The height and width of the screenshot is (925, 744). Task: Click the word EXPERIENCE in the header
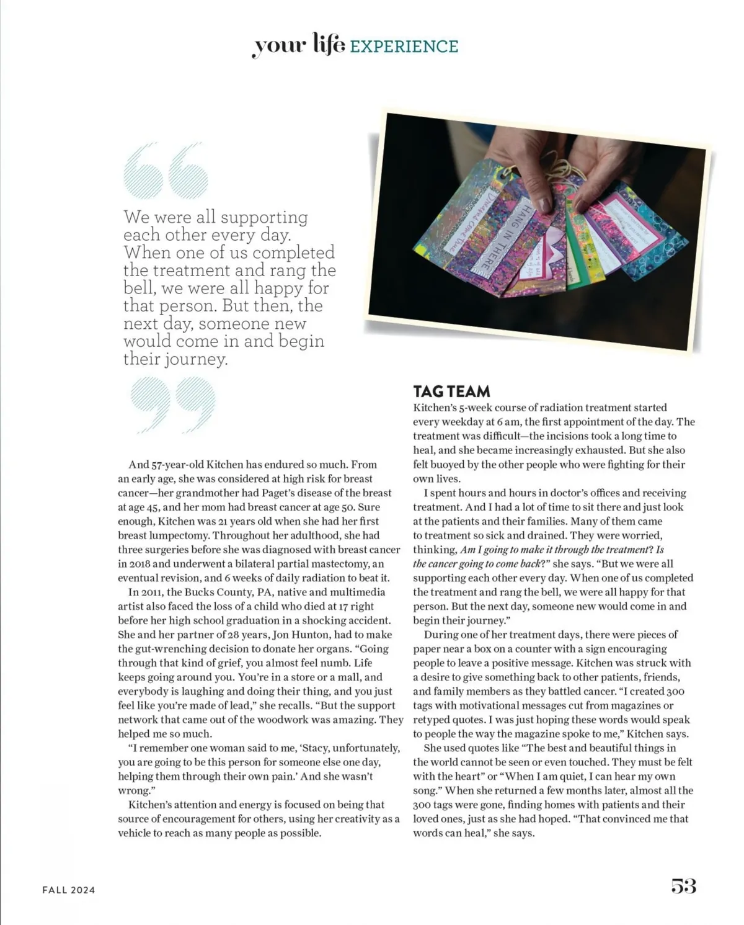(x=404, y=47)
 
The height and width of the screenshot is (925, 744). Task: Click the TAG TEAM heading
(x=451, y=391)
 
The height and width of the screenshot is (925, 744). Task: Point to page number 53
(x=683, y=886)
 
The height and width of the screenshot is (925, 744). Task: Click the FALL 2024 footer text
(x=69, y=890)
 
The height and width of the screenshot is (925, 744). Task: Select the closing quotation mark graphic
(x=173, y=404)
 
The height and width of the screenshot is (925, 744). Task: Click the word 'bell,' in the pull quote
(x=139, y=288)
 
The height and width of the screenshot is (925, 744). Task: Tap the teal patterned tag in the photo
(x=657, y=254)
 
